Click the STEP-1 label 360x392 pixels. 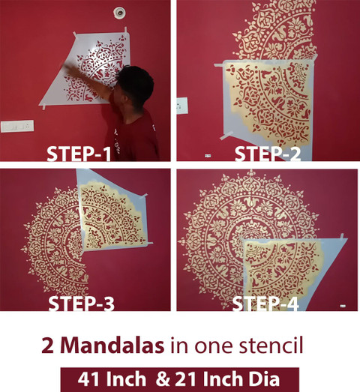[x=79, y=154]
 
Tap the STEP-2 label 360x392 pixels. [x=268, y=154]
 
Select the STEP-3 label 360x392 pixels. [x=81, y=304]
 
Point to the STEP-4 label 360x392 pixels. [x=265, y=304]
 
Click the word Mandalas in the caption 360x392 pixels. [x=112, y=346]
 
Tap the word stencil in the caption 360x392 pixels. [x=271, y=346]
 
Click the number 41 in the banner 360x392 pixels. [x=88, y=379]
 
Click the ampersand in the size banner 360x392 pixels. [x=163, y=379]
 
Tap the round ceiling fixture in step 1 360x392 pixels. [x=118, y=13]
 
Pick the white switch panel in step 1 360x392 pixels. [x=17, y=126]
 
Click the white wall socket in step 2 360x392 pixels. [x=182, y=106]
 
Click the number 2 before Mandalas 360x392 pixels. [x=48, y=346]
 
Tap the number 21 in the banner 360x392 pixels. [x=185, y=379]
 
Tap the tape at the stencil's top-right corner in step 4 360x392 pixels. [x=343, y=236]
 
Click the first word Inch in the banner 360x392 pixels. [x=125, y=379]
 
